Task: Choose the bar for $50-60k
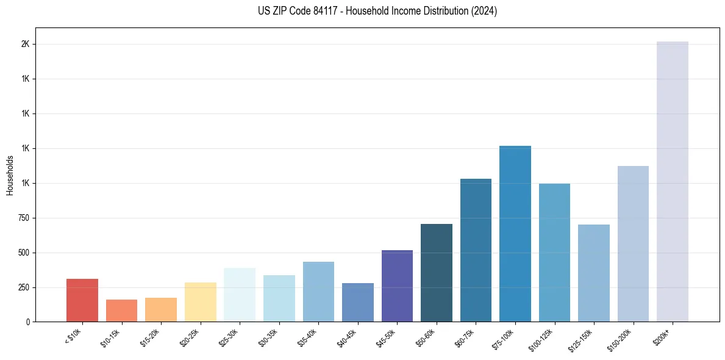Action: tap(437, 273)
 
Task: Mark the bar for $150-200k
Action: tap(633, 243)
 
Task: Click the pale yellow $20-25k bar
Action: tap(201, 302)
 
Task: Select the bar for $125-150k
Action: tap(594, 273)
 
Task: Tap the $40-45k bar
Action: tap(358, 302)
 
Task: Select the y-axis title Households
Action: tap(10, 175)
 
